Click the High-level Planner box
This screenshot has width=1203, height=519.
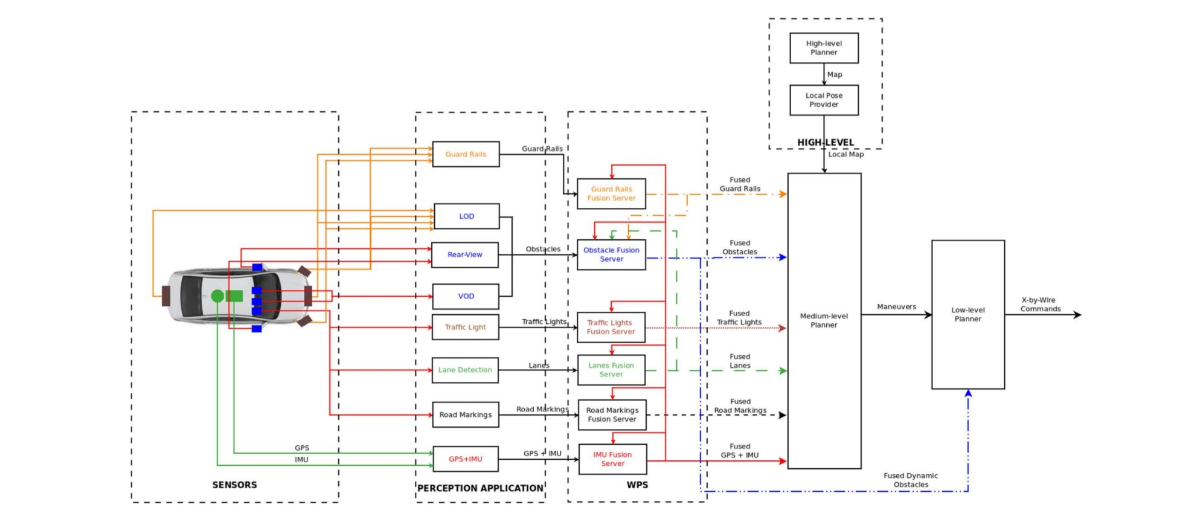(824, 48)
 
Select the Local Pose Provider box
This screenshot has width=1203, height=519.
(824, 100)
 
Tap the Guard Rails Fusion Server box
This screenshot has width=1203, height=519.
(611, 193)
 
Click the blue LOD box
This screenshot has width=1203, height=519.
(466, 216)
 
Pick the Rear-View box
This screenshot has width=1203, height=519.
(465, 254)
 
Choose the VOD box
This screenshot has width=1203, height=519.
(466, 296)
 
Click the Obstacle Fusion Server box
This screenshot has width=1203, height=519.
(611, 254)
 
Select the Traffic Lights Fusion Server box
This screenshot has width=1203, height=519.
(611, 327)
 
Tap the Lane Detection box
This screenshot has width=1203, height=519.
(465, 370)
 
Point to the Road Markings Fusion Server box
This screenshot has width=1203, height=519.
(612, 414)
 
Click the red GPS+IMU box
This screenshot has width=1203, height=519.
(466, 459)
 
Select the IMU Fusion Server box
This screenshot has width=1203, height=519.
(612, 459)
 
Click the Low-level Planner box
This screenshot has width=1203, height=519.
(968, 314)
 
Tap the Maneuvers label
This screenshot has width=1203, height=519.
(896, 307)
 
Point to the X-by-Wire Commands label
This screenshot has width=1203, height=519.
(1041, 305)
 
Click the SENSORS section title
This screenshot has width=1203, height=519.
(234, 485)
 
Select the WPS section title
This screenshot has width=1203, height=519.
(637, 485)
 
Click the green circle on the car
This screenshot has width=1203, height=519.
(217, 296)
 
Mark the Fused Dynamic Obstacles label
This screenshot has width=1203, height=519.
(911, 480)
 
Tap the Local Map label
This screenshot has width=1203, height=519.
(846, 155)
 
